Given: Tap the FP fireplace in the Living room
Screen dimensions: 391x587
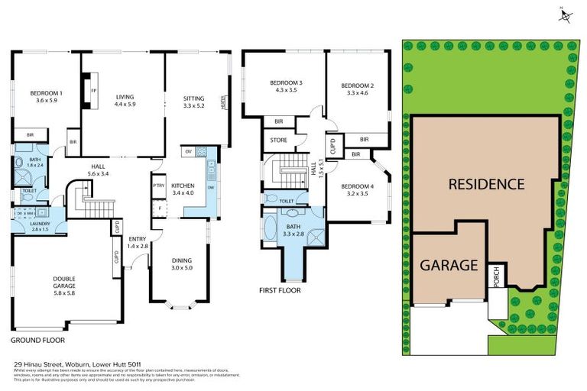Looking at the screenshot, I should pyautogui.click(x=93, y=90).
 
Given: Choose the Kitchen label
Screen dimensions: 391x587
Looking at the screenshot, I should pyautogui.click(x=184, y=189).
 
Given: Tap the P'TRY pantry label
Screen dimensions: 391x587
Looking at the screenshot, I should pyautogui.click(x=159, y=186).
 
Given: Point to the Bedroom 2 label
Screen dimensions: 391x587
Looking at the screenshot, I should pyautogui.click(x=357, y=89).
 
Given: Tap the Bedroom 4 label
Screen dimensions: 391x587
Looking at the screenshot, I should pyautogui.click(x=357, y=190).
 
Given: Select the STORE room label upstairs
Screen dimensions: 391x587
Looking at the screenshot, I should pyautogui.click(x=279, y=140).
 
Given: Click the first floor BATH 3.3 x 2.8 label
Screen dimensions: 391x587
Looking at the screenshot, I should pyautogui.click(x=293, y=229).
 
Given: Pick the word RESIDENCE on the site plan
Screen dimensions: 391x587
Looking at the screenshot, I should pyautogui.click(x=486, y=184).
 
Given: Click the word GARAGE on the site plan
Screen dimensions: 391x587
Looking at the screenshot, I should pyautogui.click(x=449, y=266).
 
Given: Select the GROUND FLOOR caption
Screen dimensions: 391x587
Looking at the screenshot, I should pyautogui.click(x=38, y=340).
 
